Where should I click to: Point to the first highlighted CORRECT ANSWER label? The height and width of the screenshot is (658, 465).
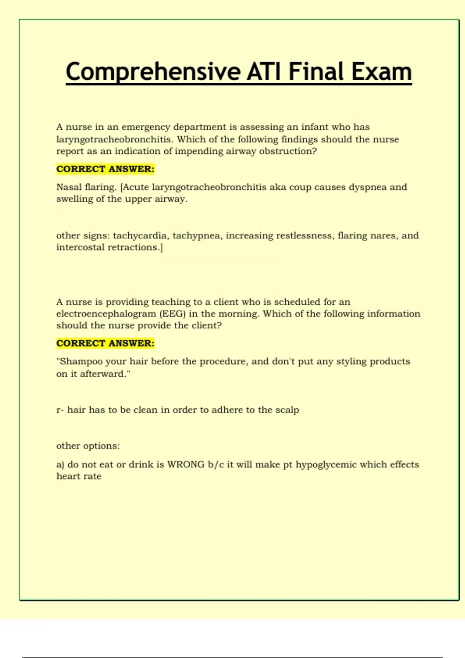[105, 169]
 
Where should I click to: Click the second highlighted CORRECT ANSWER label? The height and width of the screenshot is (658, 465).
[105, 343]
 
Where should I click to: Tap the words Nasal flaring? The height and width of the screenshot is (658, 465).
[86, 187]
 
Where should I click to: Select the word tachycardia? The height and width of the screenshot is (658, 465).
[140, 236]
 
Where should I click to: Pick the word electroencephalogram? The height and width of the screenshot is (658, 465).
[106, 314]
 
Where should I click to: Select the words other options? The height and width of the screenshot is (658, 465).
[88, 446]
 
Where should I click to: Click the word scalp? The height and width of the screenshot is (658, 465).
[287, 410]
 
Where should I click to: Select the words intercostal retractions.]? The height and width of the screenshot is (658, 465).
[110, 247]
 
